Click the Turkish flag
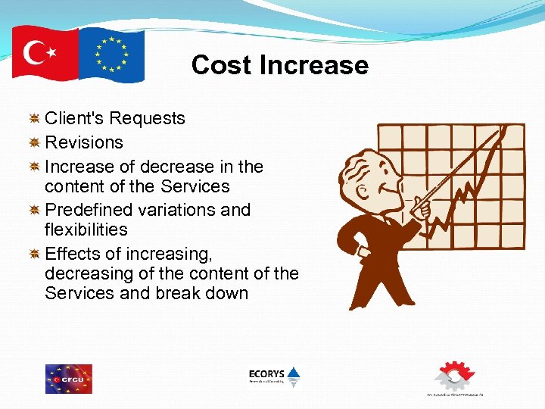pos(45,52)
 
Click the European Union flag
pos(111,55)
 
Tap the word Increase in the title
pos(313,65)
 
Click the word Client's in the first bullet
pos(76,118)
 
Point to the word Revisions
pos(83,142)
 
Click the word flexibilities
pos(86,229)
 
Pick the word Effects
pos(73,252)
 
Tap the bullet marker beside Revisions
pos(34,142)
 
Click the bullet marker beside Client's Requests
pos(34,118)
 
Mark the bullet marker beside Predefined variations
pos(34,209)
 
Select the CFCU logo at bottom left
pos(68,379)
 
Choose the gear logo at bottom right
pos(454,376)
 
